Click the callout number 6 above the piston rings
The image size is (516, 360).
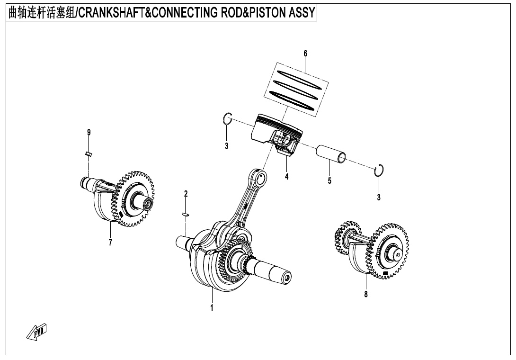click(305, 54)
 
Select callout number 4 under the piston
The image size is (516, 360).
click(286, 177)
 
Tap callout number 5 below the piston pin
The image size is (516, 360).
click(329, 180)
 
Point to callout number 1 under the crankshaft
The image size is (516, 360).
click(212, 307)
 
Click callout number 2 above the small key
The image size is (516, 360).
click(186, 194)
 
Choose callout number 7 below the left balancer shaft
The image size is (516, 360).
click(110, 243)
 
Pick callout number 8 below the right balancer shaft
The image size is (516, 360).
click(366, 294)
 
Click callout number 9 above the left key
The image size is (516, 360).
click(89, 133)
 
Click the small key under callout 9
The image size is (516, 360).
click(88, 153)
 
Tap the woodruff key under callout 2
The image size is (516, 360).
click(186, 215)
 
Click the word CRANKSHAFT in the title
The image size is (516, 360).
click(110, 12)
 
